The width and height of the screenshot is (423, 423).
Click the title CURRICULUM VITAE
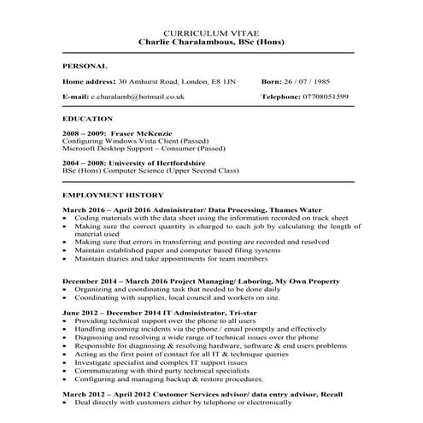[210, 32]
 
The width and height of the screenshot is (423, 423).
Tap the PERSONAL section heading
[85, 66]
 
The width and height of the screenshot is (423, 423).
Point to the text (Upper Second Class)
[218, 171]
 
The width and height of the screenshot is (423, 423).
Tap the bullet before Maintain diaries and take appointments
[66, 258]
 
